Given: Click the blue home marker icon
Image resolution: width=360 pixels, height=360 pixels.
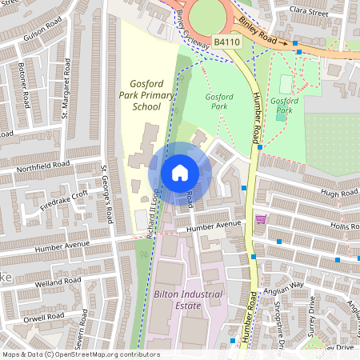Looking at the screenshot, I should pyautogui.click(x=180, y=173).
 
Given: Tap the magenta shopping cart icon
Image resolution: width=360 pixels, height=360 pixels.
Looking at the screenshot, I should pyautogui.click(x=260, y=219).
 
